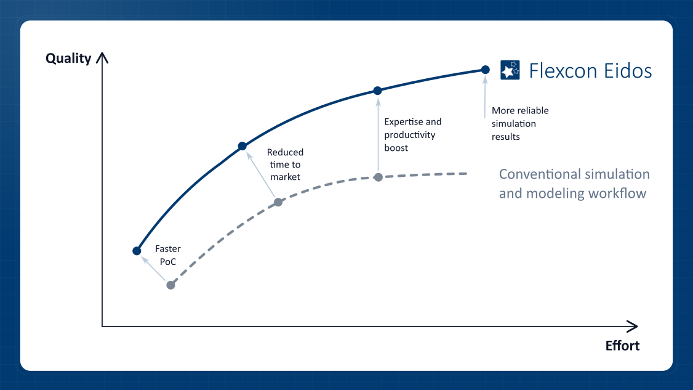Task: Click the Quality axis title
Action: pos(68,59)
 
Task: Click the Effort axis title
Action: pos(622,345)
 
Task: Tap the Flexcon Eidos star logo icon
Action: pos(510,70)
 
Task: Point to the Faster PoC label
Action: pos(168,255)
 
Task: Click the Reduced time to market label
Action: pos(285,165)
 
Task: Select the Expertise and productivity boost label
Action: pos(413,134)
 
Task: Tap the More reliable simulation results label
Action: pos(520,123)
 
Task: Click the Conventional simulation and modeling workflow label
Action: pos(574,184)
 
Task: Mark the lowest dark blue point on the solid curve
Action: pos(137,251)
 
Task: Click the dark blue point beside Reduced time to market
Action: pos(242,146)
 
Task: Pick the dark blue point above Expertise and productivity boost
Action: pos(377,91)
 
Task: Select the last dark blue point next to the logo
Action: pos(485,70)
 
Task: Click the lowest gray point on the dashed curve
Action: pos(170,285)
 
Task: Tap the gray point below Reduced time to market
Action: pos(278,202)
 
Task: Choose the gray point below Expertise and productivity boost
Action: pos(379,177)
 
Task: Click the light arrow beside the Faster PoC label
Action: pos(153,268)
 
